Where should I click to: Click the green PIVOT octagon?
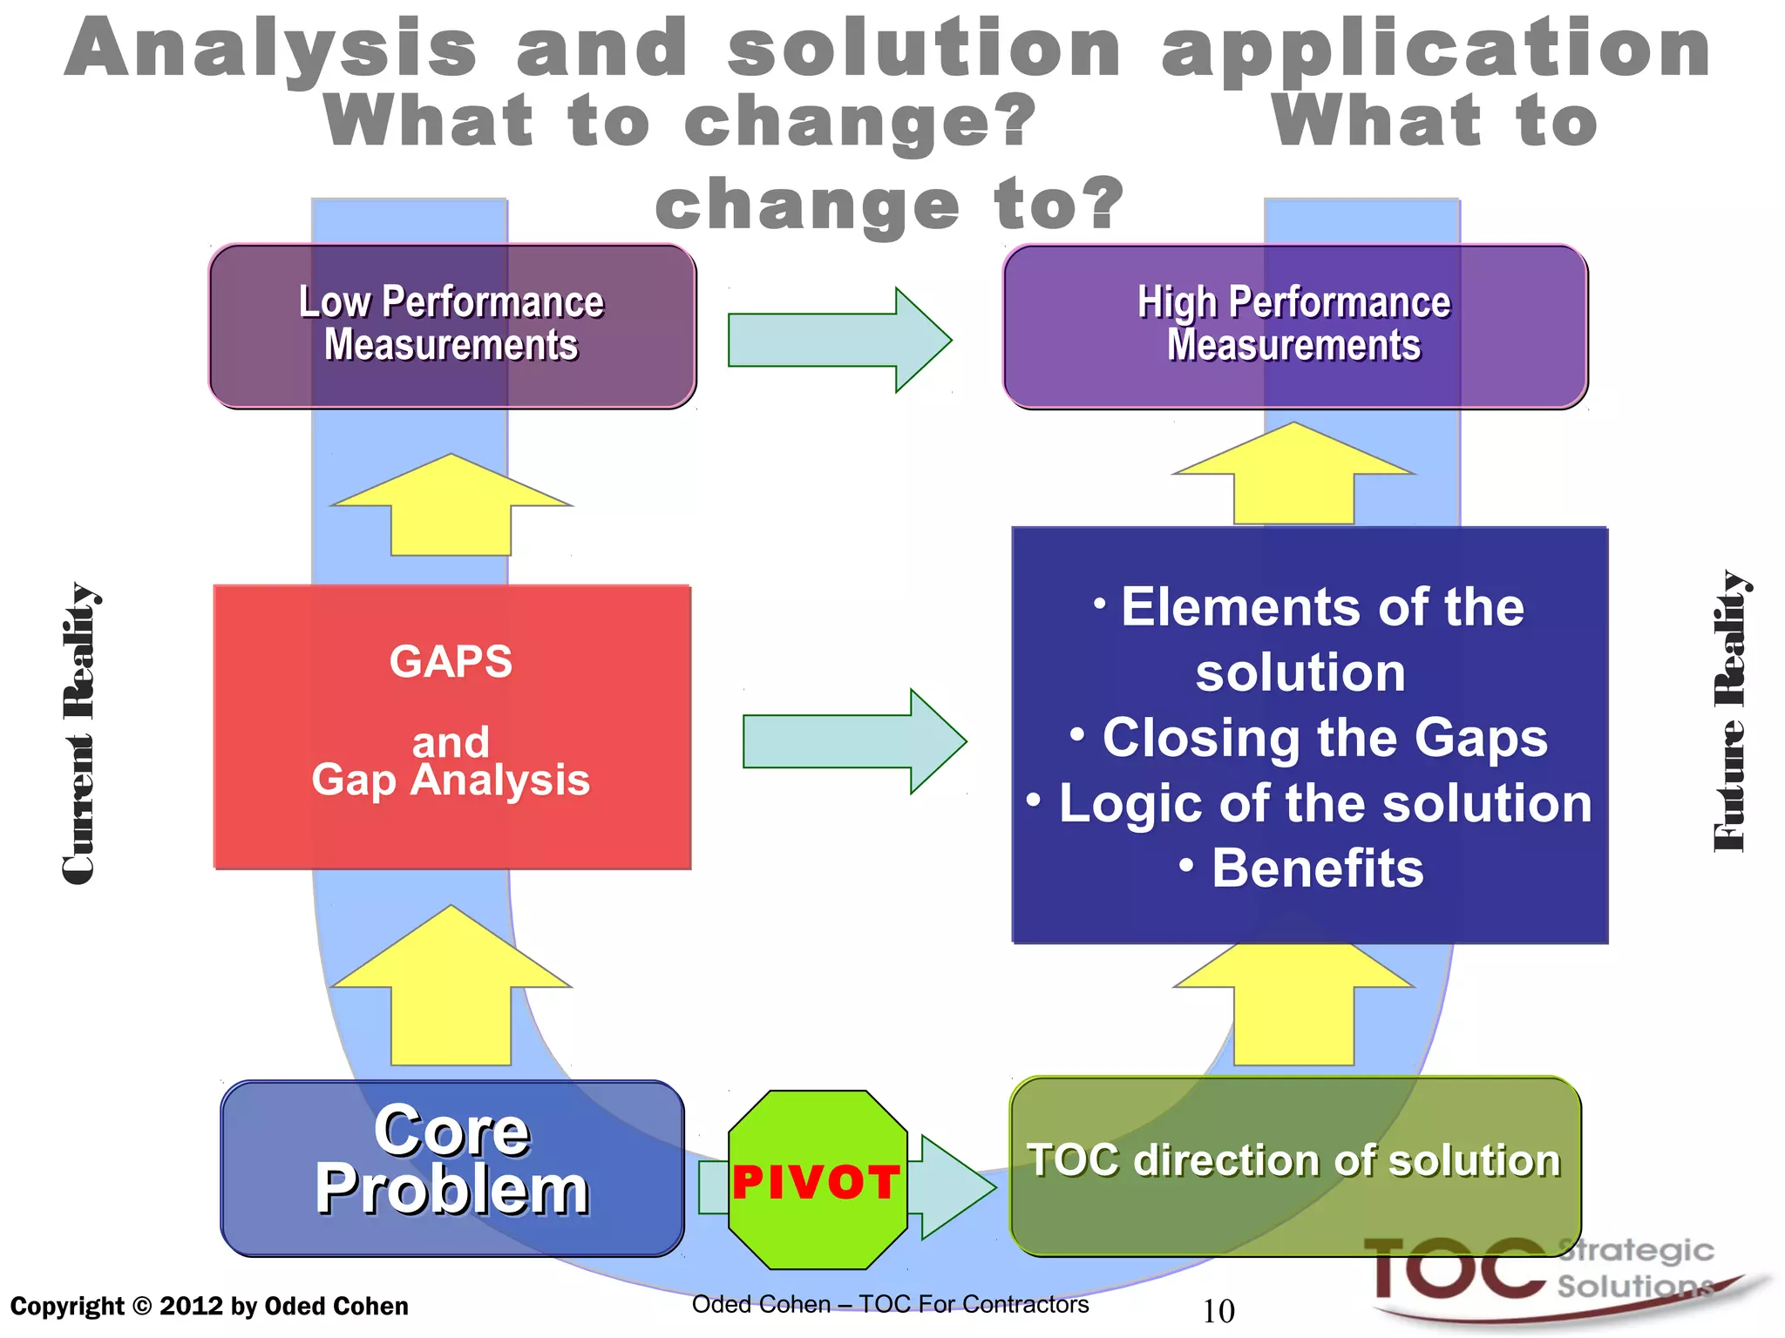pyautogui.click(x=817, y=1180)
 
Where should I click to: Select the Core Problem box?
pyautogui.click(x=451, y=1167)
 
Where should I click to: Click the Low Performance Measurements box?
pyautogui.click(x=451, y=325)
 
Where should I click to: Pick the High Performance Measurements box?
pyautogui.click(x=1294, y=325)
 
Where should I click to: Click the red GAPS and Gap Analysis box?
pyautogui.click(x=451, y=726)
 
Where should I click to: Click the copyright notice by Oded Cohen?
pyautogui.click(x=209, y=1306)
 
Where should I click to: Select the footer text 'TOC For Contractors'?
pyautogui.click(x=974, y=1304)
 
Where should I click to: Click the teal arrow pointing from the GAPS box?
pyautogui.click(x=852, y=741)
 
